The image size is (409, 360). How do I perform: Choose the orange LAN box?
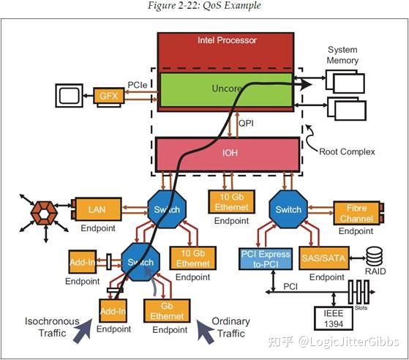[x=97, y=210]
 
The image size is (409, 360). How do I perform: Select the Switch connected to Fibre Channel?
[x=288, y=209]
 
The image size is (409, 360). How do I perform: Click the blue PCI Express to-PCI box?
[x=266, y=258]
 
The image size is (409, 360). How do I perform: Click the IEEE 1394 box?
[x=333, y=319]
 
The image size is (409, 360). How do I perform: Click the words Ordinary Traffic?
[x=230, y=327]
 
